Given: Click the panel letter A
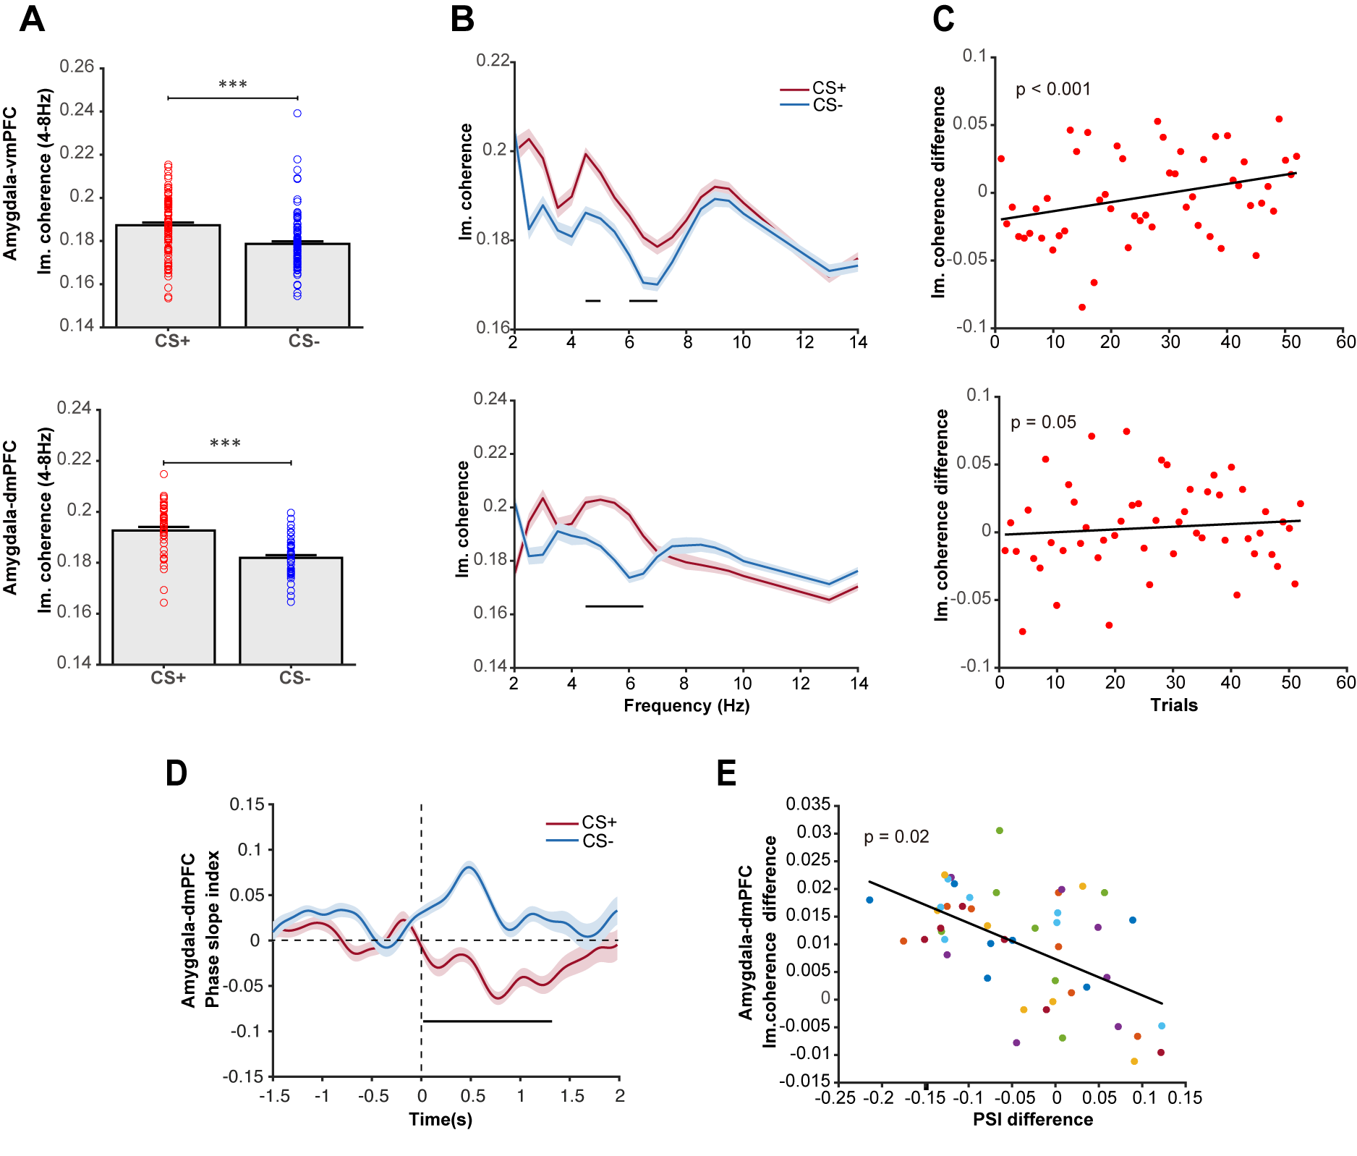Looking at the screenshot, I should point(32,20).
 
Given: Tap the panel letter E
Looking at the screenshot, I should point(726,773).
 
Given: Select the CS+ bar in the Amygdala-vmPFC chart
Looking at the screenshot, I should point(168,276).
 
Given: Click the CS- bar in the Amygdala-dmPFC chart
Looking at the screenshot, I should point(291,611).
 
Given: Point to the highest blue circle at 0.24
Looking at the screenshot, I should point(297,114).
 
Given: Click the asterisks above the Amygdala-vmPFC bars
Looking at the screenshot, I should point(232,85).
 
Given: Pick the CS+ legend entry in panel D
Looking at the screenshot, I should point(599,823).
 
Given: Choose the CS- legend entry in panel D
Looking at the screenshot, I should point(597,841).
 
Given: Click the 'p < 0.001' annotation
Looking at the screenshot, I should point(1052,90).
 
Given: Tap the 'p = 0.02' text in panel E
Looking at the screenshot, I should point(896,837).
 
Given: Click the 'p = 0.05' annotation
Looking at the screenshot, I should point(1043,422).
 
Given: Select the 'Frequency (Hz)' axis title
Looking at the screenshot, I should point(686,706).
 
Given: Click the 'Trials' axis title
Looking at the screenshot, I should point(1173,705).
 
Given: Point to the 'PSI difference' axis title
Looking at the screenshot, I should point(1032,1120).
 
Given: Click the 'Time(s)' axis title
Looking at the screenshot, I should point(441,1120).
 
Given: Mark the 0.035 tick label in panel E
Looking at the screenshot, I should point(808,804).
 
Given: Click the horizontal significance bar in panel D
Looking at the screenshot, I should point(487,1021).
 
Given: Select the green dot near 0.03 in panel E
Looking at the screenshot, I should point(1000,830).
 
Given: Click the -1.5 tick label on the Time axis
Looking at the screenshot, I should point(274,1097).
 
